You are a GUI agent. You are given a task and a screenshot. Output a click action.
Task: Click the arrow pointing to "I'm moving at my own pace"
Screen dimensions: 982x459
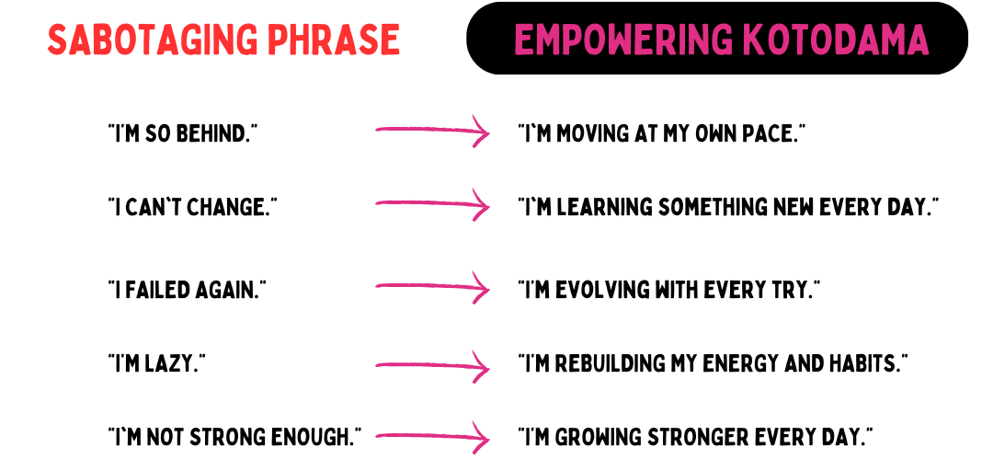coord(432,131)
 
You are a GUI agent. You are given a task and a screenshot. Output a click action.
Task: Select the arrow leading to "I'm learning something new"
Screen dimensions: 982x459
coord(432,203)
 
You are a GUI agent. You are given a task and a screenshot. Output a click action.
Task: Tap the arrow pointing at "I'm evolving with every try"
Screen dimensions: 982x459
coord(432,286)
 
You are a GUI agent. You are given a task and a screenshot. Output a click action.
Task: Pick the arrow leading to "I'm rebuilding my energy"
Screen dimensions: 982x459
coord(432,366)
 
